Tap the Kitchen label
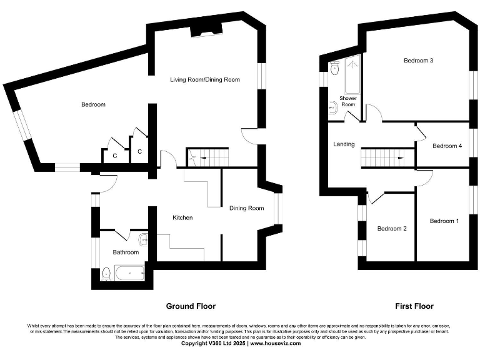coord(182,217)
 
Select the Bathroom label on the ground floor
coord(125,252)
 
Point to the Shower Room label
coord(348,101)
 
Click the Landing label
coord(344,144)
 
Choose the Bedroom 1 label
coord(444,221)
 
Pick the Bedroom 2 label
coord(392,229)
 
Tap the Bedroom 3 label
coord(418,61)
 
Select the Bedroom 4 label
coord(447,146)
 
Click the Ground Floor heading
coord(191,306)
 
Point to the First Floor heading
coord(414,306)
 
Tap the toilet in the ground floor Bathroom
coord(106,272)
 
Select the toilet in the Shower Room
coord(335,69)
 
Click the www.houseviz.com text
coord(276,343)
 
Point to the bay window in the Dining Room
coord(277,209)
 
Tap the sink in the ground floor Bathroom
coord(143,239)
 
